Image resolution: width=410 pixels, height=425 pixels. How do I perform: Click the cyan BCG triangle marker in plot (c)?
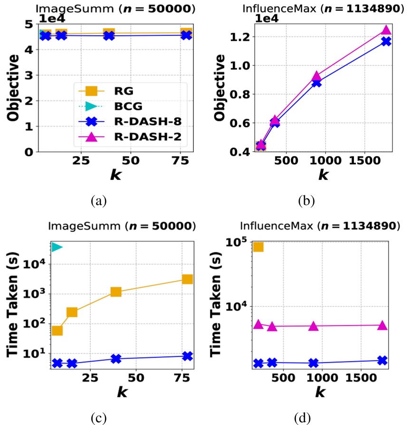pyautogui.click(x=57, y=247)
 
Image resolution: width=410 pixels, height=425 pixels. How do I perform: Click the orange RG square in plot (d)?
pyautogui.click(x=258, y=247)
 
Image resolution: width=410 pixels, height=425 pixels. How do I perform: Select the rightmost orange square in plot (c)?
pyautogui.click(x=187, y=279)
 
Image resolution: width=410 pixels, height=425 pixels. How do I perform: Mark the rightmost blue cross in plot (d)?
pyautogui.click(x=382, y=360)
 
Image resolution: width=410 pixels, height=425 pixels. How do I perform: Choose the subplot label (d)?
pyautogui.click(x=303, y=418)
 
